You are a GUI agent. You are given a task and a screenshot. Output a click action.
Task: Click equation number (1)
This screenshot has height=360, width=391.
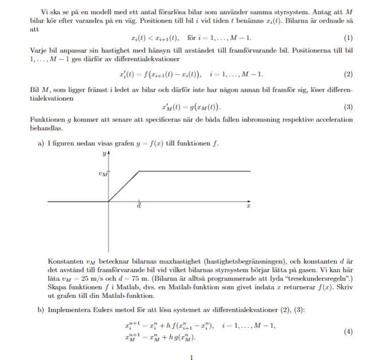tap(348, 38)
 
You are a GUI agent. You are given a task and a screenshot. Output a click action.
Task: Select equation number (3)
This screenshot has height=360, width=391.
tap(348, 107)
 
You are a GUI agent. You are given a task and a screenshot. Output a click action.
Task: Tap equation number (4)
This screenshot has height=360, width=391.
tap(348, 332)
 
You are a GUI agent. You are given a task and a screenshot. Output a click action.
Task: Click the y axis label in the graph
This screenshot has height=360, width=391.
tap(104, 152)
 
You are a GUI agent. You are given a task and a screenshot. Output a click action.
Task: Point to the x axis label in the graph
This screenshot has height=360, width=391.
tap(248, 206)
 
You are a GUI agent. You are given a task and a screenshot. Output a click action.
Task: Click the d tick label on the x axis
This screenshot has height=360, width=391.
tap(139, 207)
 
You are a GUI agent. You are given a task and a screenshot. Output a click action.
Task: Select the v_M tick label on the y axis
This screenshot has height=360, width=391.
tap(102, 174)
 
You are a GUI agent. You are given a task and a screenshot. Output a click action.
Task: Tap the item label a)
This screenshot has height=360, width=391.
tap(41, 144)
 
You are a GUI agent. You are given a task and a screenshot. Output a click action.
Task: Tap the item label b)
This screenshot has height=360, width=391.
tap(41, 310)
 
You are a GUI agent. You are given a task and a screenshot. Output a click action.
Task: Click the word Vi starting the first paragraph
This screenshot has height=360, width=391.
tap(44, 12)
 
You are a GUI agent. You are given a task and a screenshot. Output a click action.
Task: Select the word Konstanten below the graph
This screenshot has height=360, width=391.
tap(65, 261)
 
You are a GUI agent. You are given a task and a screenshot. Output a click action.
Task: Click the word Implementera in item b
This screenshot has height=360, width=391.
tap(71, 310)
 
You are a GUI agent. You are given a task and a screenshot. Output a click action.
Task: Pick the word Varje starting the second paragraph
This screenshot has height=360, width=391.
tap(39, 51)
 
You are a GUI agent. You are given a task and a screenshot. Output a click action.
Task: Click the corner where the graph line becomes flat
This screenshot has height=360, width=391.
tap(139, 171)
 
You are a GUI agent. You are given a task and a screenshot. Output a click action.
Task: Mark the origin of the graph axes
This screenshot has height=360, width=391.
tap(109, 202)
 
